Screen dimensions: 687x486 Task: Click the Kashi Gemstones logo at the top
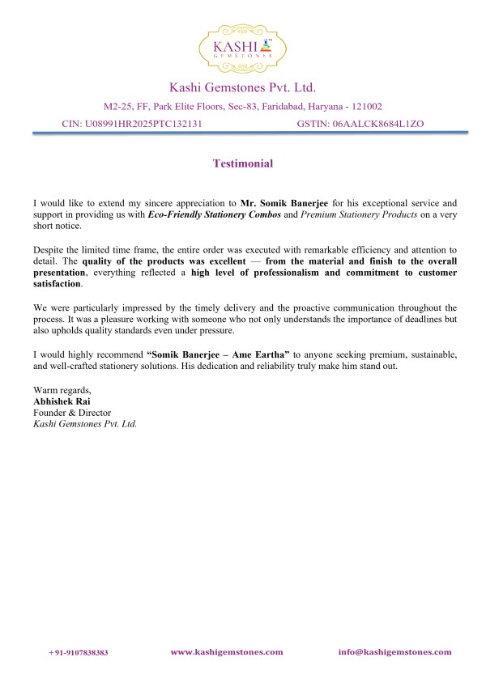coord(242,47)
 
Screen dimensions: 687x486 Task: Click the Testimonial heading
coord(242,163)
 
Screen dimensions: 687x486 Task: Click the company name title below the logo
coord(242,87)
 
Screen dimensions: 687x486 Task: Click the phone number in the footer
coord(79,652)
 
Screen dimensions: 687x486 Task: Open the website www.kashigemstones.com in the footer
coord(227,651)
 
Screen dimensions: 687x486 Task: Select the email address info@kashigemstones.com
coord(394,651)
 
